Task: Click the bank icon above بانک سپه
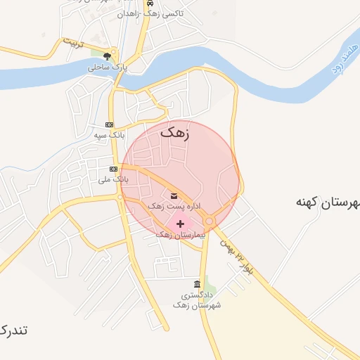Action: (108, 124)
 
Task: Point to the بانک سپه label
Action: (109, 134)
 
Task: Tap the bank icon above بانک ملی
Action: (113, 169)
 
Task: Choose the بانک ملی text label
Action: (113, 180)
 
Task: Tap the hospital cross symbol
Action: (180, 223)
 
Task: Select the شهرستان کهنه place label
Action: (328, 202)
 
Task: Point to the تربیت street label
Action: (73, 44)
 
